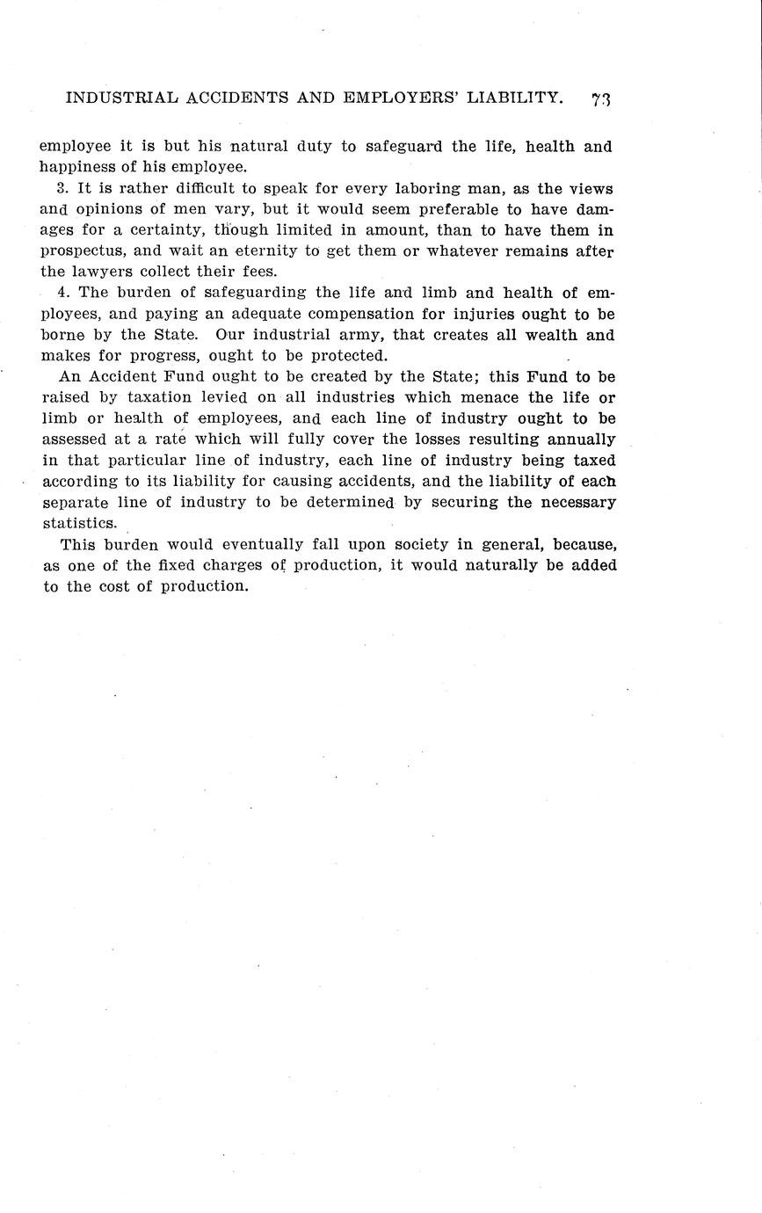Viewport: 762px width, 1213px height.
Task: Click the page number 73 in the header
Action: coord(601,98)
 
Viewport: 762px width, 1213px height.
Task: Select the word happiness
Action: coord(76,167)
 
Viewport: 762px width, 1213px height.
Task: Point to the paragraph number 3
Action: coord(61,189)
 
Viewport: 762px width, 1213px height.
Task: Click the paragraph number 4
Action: coord(62,293)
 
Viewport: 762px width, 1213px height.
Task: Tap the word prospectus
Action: coord(84,251)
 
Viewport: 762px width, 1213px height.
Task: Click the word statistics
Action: coord(80,523)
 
